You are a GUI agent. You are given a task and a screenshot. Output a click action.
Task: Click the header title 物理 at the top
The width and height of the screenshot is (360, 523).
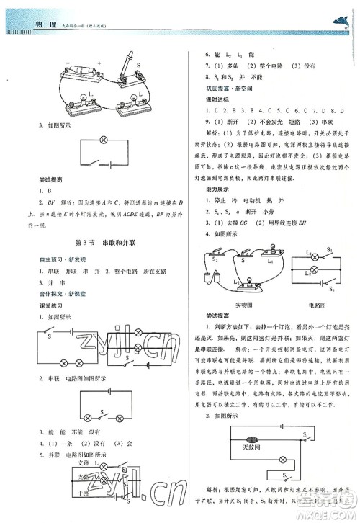[45, 24]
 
